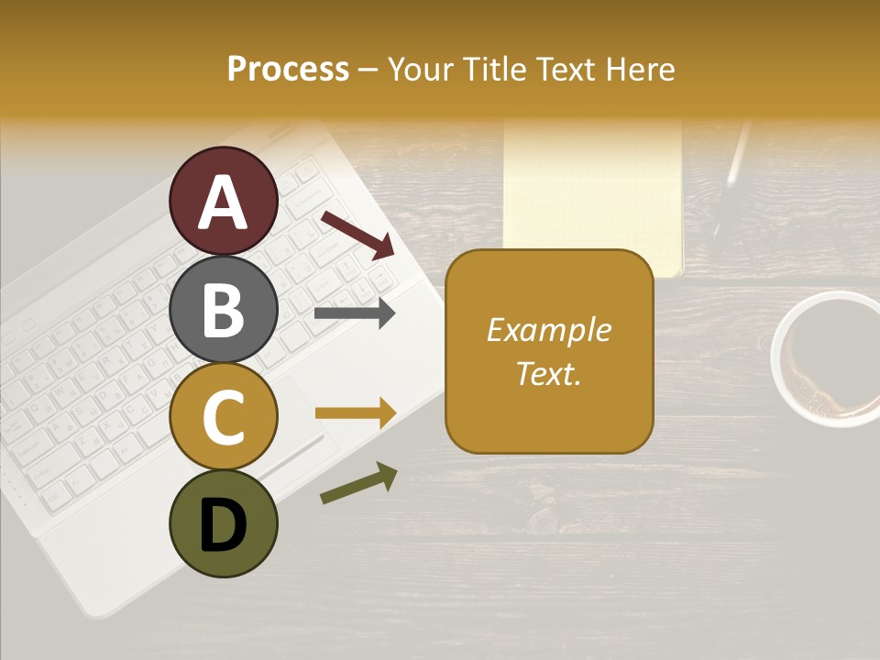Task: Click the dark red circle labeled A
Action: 224,201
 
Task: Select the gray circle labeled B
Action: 224,309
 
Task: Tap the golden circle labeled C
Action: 224,416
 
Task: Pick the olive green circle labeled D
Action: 224,524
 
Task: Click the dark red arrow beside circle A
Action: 357,234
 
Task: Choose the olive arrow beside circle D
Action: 358,483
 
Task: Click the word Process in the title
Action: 288,69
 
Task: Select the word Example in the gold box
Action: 548,330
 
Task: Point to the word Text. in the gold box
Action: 548,373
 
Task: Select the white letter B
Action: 224,310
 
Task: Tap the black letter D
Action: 224,525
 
